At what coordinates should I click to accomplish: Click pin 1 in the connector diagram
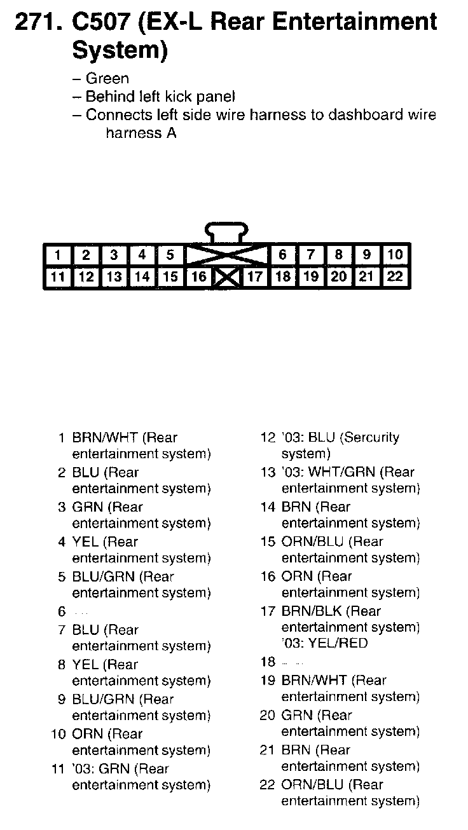coord(58,255)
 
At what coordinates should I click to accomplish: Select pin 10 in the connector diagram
coord(395,255)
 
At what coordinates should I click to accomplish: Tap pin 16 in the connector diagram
coord(199,277)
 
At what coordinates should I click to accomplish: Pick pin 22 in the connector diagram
coord(395,277)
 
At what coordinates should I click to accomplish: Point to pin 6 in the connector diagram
coord(282,255)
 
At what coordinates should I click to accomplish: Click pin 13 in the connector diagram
coord(114,277)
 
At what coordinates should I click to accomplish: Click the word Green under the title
coord(107,79)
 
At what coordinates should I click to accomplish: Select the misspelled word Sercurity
coord(370,438)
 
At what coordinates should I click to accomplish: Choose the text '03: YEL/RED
coord(324,643)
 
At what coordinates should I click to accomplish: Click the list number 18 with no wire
coord(267,662)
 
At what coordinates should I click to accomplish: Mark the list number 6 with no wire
coord(62,612)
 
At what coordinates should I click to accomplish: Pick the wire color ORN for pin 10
coord(88,734)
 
